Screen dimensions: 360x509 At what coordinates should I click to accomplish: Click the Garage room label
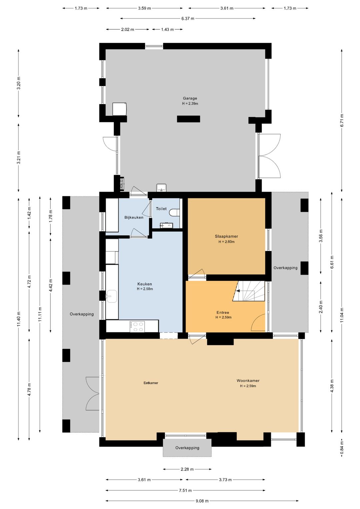(190, 98)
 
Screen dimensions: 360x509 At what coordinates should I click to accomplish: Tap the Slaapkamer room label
(226, 236)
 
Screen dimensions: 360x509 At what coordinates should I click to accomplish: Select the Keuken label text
(144, 284)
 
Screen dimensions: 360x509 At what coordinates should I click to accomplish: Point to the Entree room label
(223, 313)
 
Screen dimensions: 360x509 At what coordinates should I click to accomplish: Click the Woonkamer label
(248, 380)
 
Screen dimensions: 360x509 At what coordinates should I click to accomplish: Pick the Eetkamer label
(151, 383)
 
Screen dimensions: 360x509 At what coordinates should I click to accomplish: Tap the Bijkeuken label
(134, 217)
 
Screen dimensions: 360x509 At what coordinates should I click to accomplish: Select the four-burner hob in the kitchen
(137, 327)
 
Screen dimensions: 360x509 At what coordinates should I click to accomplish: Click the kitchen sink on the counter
(112, 296)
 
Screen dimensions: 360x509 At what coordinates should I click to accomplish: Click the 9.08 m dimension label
(202, 501)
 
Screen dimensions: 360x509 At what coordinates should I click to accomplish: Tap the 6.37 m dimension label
(188, 19)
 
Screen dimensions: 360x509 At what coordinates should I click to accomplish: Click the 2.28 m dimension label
(187, 469)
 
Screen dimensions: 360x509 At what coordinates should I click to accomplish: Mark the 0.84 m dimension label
(342, 448)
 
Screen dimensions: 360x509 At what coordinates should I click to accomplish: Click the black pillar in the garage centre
(189, 119)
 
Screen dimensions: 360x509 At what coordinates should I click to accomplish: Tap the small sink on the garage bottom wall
(161, 188)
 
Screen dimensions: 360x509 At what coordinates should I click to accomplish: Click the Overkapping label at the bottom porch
(187, 448)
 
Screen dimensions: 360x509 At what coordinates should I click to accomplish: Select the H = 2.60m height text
(226, 242)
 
